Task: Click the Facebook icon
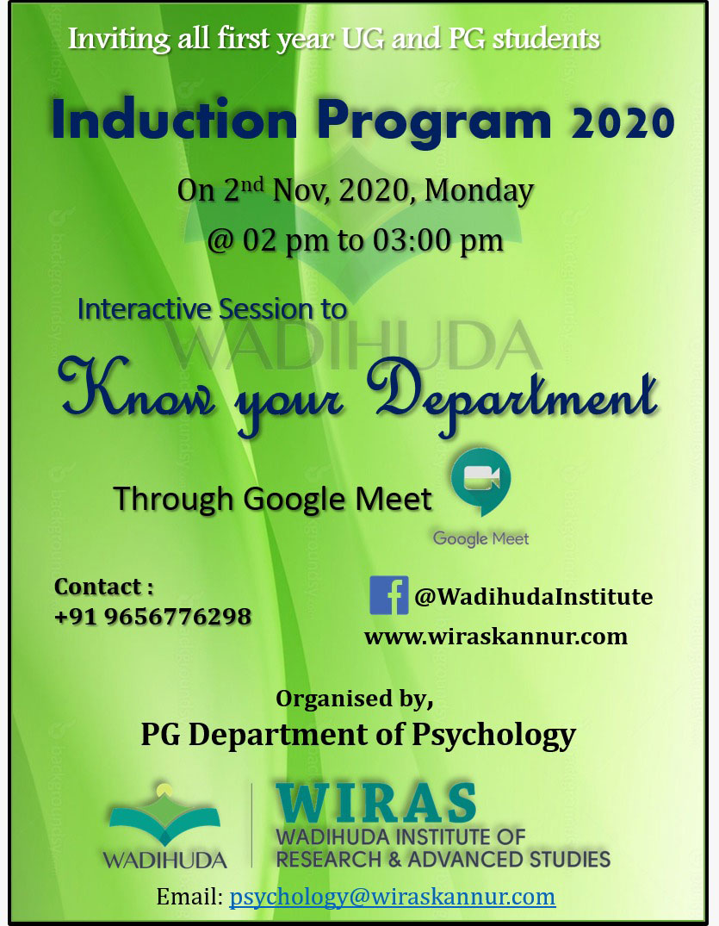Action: pyautogui.click(x=388, y=595)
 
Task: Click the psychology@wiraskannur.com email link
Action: pyautogui.click(x=392, y=897)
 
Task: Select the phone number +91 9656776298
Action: pyautogui.click(x=152, y=617)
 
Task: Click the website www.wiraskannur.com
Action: pyautogui.click(x=496, y=636)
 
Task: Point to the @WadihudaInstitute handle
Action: pyautogui.click(x=534, y=596)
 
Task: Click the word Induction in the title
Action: pyautogui.click(x=174, y=120)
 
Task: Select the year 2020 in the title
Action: pyautogui.click(x=623, y=123)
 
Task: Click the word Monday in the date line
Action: pyautogui.click(x=479, y=190)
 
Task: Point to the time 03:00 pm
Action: pyautogui.click(x=438, y=240)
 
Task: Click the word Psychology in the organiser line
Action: pyautogui.click(x=493, y=736)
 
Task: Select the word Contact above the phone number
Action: pyautogui.click(x=98, y=587)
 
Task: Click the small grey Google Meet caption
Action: pyautogui.click(x=481, y=538)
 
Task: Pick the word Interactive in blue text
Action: pyautogui.click(x=144, y=309)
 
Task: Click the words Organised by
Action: pyautogui.click(x=355, y=699)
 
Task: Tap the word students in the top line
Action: pyautogui.click(x=546, y=39)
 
